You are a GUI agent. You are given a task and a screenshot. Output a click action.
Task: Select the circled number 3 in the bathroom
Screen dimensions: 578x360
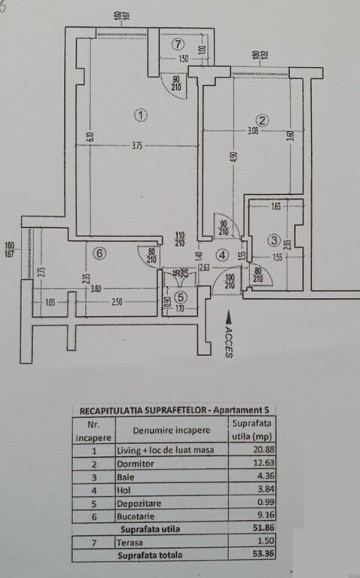coord(274,241)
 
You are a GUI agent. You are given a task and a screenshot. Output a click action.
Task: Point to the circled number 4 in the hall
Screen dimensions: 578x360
coord(221,254)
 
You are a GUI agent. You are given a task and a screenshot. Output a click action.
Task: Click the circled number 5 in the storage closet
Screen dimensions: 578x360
coord(179,296)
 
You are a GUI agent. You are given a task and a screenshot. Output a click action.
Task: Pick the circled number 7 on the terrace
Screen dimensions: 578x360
coord(177,43)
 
